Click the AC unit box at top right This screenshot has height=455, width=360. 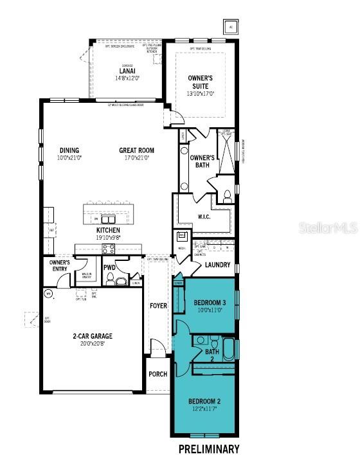pos(231,26)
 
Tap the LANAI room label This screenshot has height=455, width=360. pos(127,71)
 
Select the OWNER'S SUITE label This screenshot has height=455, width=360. pos(200,82)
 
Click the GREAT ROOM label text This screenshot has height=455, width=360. pos(136,150)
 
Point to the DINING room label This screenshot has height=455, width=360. pos(69,150)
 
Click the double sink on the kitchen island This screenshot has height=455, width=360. pos(108,219)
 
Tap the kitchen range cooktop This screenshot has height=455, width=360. pos(108,249)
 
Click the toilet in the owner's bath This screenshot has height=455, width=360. pos(226,197)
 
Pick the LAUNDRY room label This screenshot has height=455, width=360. pos(217,265)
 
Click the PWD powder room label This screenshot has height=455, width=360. pos(109,267)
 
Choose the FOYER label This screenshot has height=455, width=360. pos(158,306)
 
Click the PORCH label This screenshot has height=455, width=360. pos(157,374)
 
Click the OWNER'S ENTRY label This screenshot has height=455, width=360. pos(59,265)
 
